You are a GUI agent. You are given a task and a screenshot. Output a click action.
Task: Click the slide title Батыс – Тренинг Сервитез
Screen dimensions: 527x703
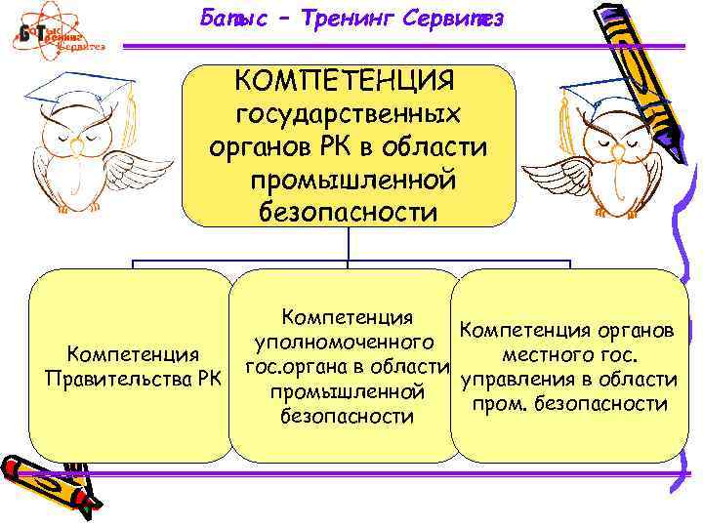(x=351, y=17)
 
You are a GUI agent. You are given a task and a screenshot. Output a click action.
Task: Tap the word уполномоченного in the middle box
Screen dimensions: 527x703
(x=344, y=343)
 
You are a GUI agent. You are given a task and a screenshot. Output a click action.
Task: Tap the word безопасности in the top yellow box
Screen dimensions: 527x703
(x=348, y=212)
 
